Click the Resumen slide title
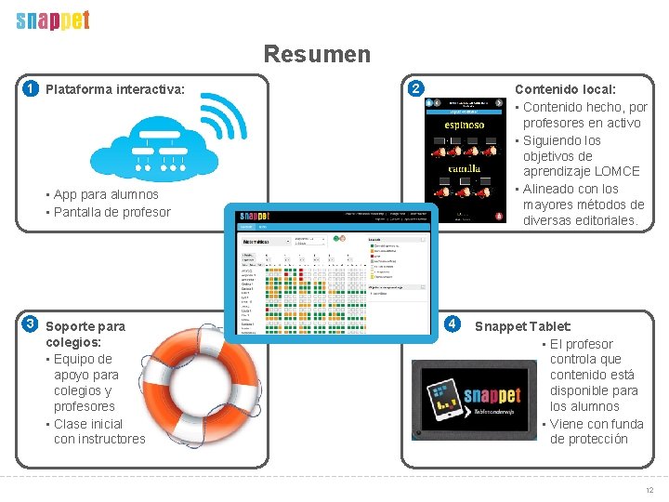(x=316, y=55)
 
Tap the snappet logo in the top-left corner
(x=53, y=20)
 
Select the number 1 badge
(x=31, y=89)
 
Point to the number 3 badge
(x=31, y=324)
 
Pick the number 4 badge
(x=452, y=324)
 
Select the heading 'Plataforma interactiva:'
(x=115, y=90)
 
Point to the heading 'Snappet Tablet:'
(x=523, y=326)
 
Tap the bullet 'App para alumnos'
(x=106, y=195)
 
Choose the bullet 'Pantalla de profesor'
(x=112, y=212)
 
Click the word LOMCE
(x=620, y=172)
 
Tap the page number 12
(x=649, y=490)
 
